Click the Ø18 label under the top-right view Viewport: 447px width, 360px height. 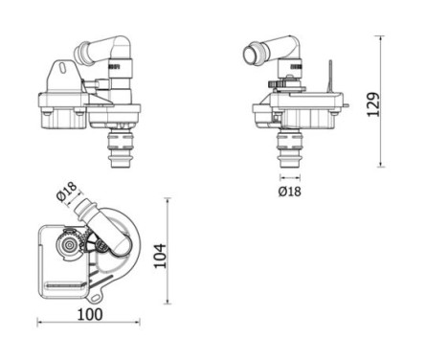pyautogui.click(x=289, y=191)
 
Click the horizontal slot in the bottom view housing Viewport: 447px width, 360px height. pyautogui.click(x=64, y=287)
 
